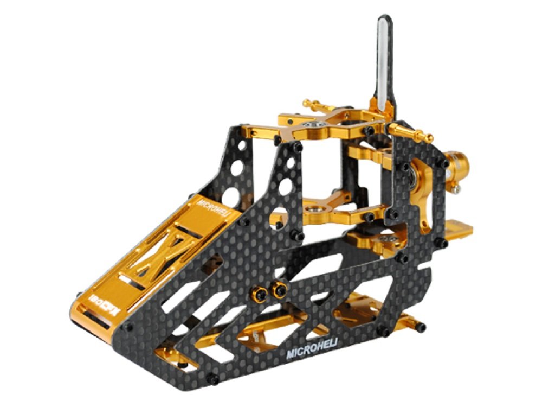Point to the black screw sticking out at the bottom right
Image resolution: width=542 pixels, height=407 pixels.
coord(420,327)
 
